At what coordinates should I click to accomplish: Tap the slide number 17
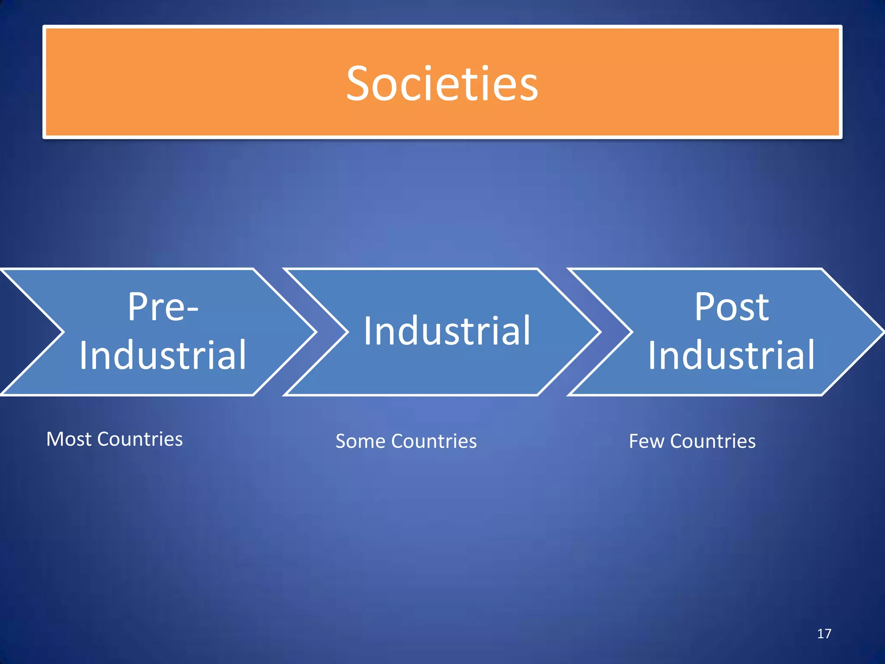824,634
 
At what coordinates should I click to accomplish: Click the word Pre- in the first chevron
163,307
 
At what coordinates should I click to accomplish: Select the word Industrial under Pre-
163,355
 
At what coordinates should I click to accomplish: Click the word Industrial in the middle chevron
447,331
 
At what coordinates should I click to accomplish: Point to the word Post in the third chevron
732,307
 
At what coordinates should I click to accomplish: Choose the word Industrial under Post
731,355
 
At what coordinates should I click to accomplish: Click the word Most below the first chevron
69,439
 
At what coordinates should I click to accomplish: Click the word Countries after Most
140,439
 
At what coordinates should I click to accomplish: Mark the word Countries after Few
713,441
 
